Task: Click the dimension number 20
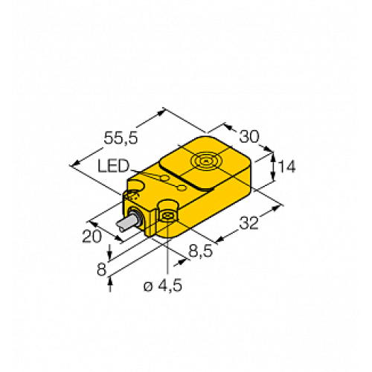[x=91, y=236]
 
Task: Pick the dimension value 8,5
[x=198, y=251]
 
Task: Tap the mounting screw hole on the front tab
[x=168, y=216]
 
